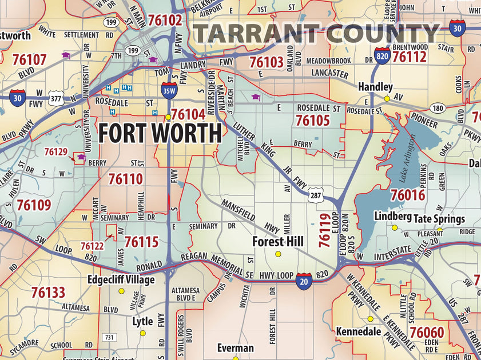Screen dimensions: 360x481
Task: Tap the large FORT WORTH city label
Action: tap(160, 133)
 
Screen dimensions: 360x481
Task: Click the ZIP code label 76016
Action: tap(408, 195)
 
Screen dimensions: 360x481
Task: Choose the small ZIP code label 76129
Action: tap(56, 151)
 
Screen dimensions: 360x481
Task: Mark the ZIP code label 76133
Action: tap(48, 293)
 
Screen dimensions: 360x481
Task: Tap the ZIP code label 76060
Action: tap(427, 332)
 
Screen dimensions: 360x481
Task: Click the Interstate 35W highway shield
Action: tap(169, 89)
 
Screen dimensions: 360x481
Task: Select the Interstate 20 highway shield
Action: tap(304, 281)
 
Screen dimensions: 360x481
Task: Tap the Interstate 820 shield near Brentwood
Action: tap(383, 55)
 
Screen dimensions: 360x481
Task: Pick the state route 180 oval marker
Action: tap(438, 108)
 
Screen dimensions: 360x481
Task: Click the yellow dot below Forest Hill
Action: tap(279, 254)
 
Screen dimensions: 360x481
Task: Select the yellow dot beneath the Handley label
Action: tap(387, 99)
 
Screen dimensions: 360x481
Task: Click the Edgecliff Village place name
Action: tap(121, 280)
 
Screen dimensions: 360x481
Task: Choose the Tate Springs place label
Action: tap(439, 218)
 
